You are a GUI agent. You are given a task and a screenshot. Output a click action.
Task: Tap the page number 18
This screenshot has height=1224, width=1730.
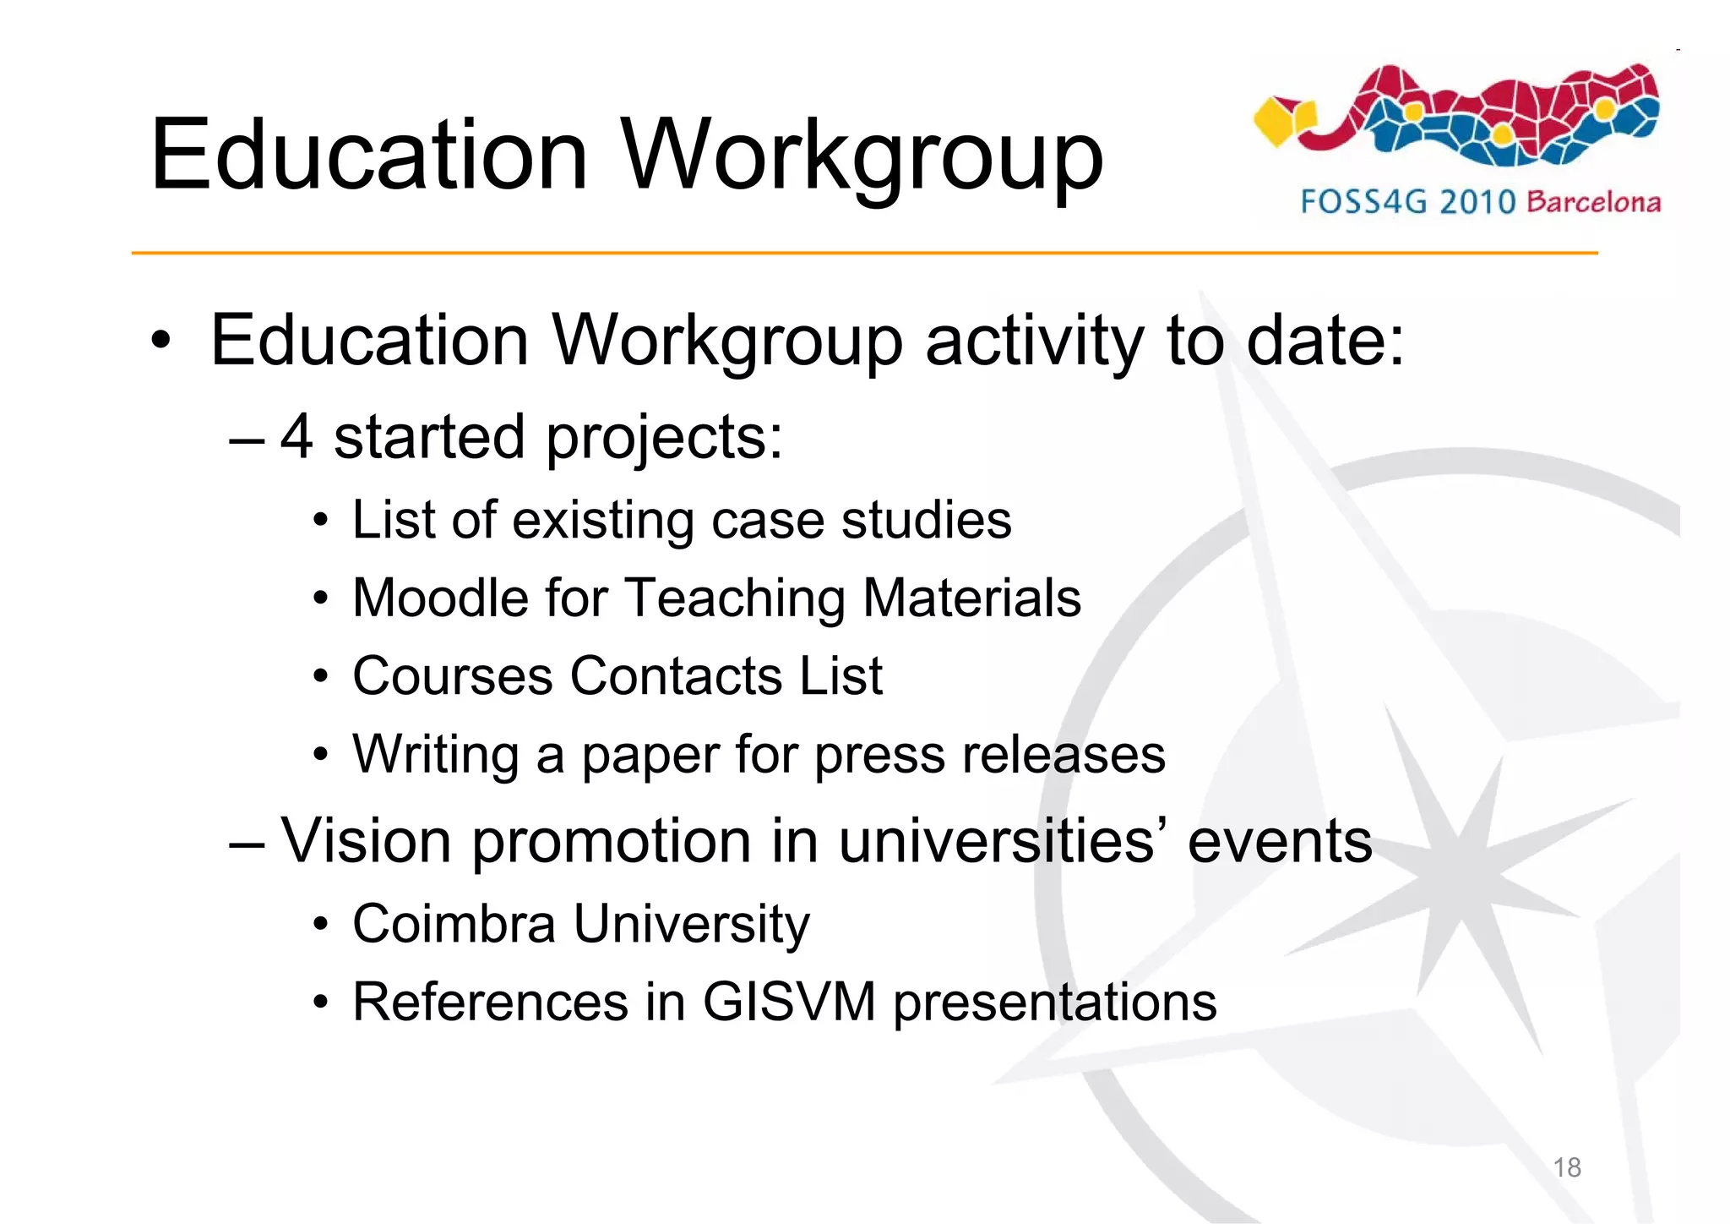[1567, 1167]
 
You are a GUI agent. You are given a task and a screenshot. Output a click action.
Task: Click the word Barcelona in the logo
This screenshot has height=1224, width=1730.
[1594, 202]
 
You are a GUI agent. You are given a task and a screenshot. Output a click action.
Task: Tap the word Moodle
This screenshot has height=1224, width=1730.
[440, 598]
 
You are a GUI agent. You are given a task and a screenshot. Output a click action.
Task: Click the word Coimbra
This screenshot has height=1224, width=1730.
[454, 923]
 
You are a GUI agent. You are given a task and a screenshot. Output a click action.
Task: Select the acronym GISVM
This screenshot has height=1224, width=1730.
[789, 1002]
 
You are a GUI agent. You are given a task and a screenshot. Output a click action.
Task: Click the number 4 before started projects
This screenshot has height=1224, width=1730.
[296, 437]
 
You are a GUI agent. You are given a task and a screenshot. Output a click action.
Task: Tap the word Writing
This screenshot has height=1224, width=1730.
[435, 754]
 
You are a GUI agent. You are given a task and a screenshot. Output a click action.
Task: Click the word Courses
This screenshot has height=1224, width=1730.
[452, 676]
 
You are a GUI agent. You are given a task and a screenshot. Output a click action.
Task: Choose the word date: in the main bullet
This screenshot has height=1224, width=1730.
[1325, 340]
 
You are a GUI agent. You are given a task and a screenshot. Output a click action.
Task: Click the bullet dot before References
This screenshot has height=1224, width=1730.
[320, 1003]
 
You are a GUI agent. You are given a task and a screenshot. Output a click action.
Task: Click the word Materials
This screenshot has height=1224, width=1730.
[971, 598]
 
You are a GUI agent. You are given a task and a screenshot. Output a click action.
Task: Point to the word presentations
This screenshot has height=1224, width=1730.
[1054, 1003]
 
